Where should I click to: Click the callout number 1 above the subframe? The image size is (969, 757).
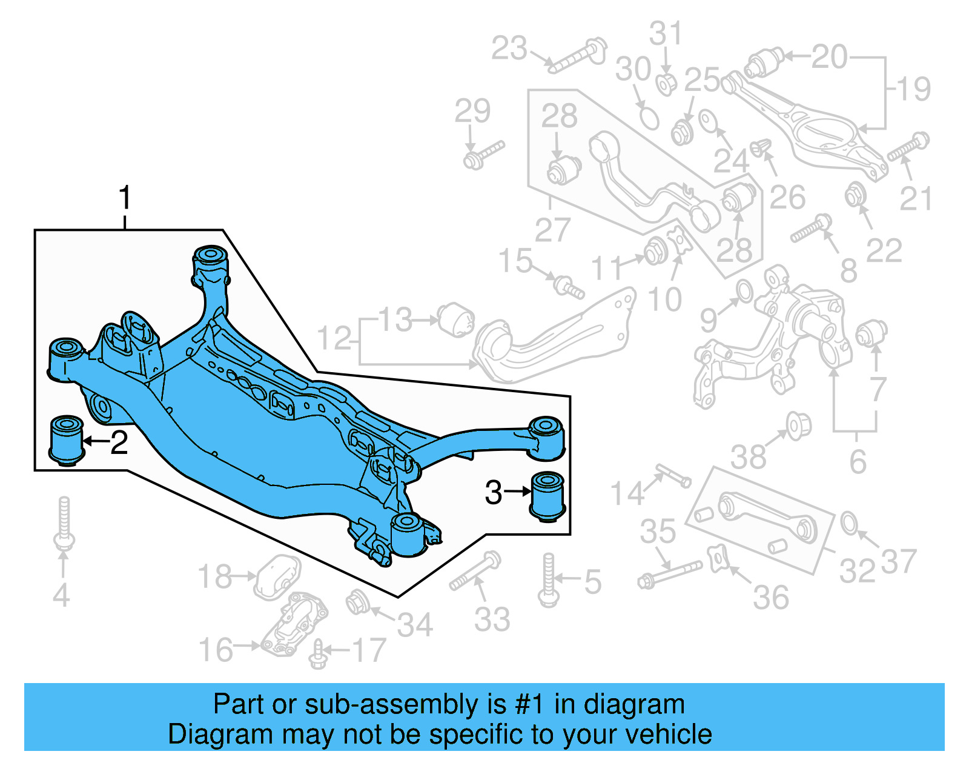125,198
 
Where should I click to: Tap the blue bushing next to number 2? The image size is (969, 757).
65,440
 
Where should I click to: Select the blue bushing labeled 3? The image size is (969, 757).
547,496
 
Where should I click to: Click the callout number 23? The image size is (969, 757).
509,48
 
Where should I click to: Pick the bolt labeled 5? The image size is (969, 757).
548,579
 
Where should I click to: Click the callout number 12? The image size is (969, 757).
334,338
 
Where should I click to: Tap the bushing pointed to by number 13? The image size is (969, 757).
457,319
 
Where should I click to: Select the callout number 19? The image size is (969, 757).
914,89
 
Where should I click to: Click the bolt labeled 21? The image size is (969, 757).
908,147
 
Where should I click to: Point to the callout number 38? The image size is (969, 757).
749,457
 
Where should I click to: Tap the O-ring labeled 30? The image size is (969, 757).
648,117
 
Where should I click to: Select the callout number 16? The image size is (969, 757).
216,650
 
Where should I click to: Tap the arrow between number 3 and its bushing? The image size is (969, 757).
518,492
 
